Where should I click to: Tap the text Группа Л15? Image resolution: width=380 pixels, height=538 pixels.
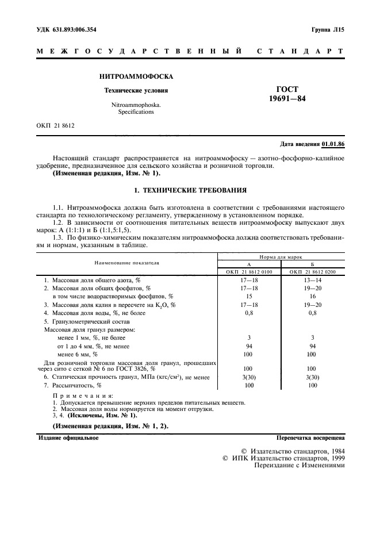tap(327, 28)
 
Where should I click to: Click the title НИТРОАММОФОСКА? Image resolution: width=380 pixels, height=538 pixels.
tap(136, 76)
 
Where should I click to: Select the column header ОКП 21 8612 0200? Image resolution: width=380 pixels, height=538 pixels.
tap(313, 271)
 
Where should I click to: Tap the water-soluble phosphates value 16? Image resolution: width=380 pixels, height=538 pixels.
tap(313, 295)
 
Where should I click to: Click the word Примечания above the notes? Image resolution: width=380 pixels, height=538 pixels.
tap(83, 396)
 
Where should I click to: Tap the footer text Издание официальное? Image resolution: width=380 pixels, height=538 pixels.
tap(68, 437)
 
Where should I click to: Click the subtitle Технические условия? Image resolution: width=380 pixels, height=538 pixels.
tap(136, 90)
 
